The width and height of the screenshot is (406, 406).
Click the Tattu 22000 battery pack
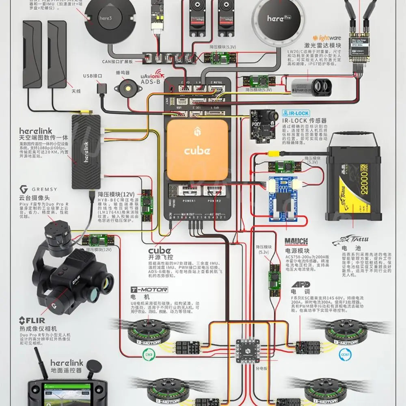354,183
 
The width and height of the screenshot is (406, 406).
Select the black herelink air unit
86,151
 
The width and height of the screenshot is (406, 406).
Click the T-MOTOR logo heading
143,290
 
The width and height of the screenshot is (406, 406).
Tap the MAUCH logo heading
296,242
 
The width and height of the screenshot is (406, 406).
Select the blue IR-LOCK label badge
296,113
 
